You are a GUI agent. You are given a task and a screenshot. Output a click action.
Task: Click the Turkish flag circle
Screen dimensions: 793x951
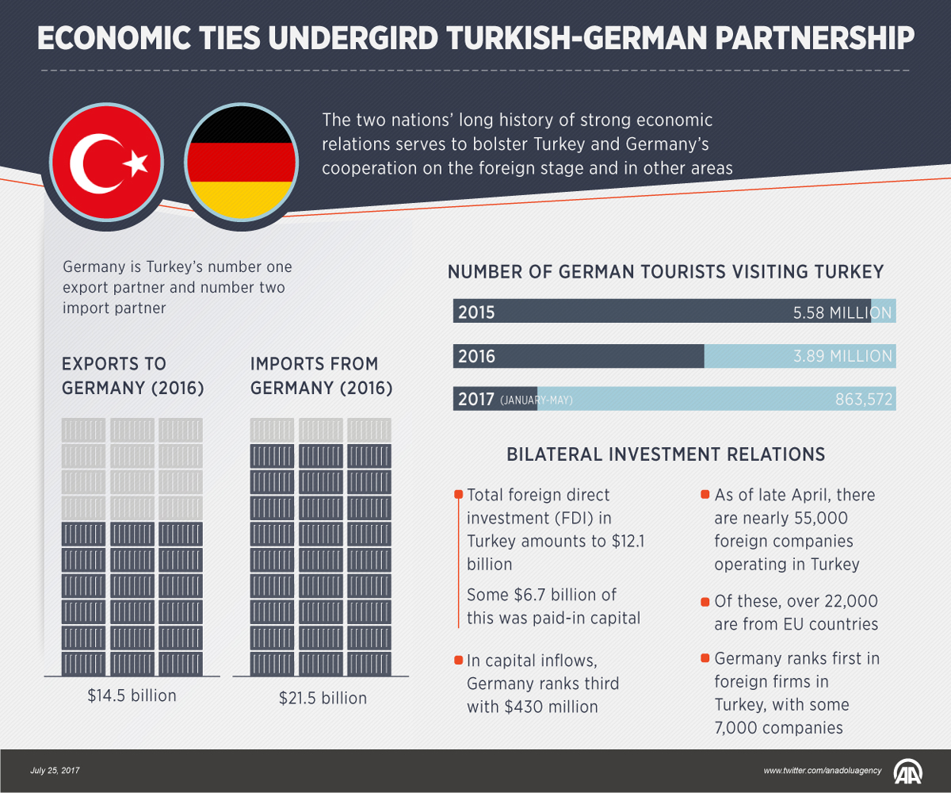click(107, 163)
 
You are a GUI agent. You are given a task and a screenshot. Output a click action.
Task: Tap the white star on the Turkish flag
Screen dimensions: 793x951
click(137, 163)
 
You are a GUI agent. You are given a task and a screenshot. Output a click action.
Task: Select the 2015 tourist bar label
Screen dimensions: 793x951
click(475, 312)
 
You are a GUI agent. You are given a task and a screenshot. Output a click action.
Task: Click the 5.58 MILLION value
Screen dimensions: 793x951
click(842, 312)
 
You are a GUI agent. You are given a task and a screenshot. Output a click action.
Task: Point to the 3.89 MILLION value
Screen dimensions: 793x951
click(842, 357)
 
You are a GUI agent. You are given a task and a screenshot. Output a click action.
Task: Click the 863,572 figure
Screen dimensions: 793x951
click(864, 400)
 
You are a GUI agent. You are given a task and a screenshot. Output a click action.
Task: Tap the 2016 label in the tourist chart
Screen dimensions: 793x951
click(475, 357)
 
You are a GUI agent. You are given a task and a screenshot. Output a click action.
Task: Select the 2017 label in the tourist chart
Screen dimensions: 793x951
click(475, 399)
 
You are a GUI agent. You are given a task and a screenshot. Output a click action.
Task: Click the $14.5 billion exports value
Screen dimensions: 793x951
click(132, 696)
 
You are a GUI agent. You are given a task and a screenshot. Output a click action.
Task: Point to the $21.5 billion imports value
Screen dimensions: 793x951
click(323, 699)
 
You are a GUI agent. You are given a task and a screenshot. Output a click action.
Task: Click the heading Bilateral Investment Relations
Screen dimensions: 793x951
click(666, 455)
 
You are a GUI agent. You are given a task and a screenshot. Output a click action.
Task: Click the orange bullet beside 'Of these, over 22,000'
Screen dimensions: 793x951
click(705, 601)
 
